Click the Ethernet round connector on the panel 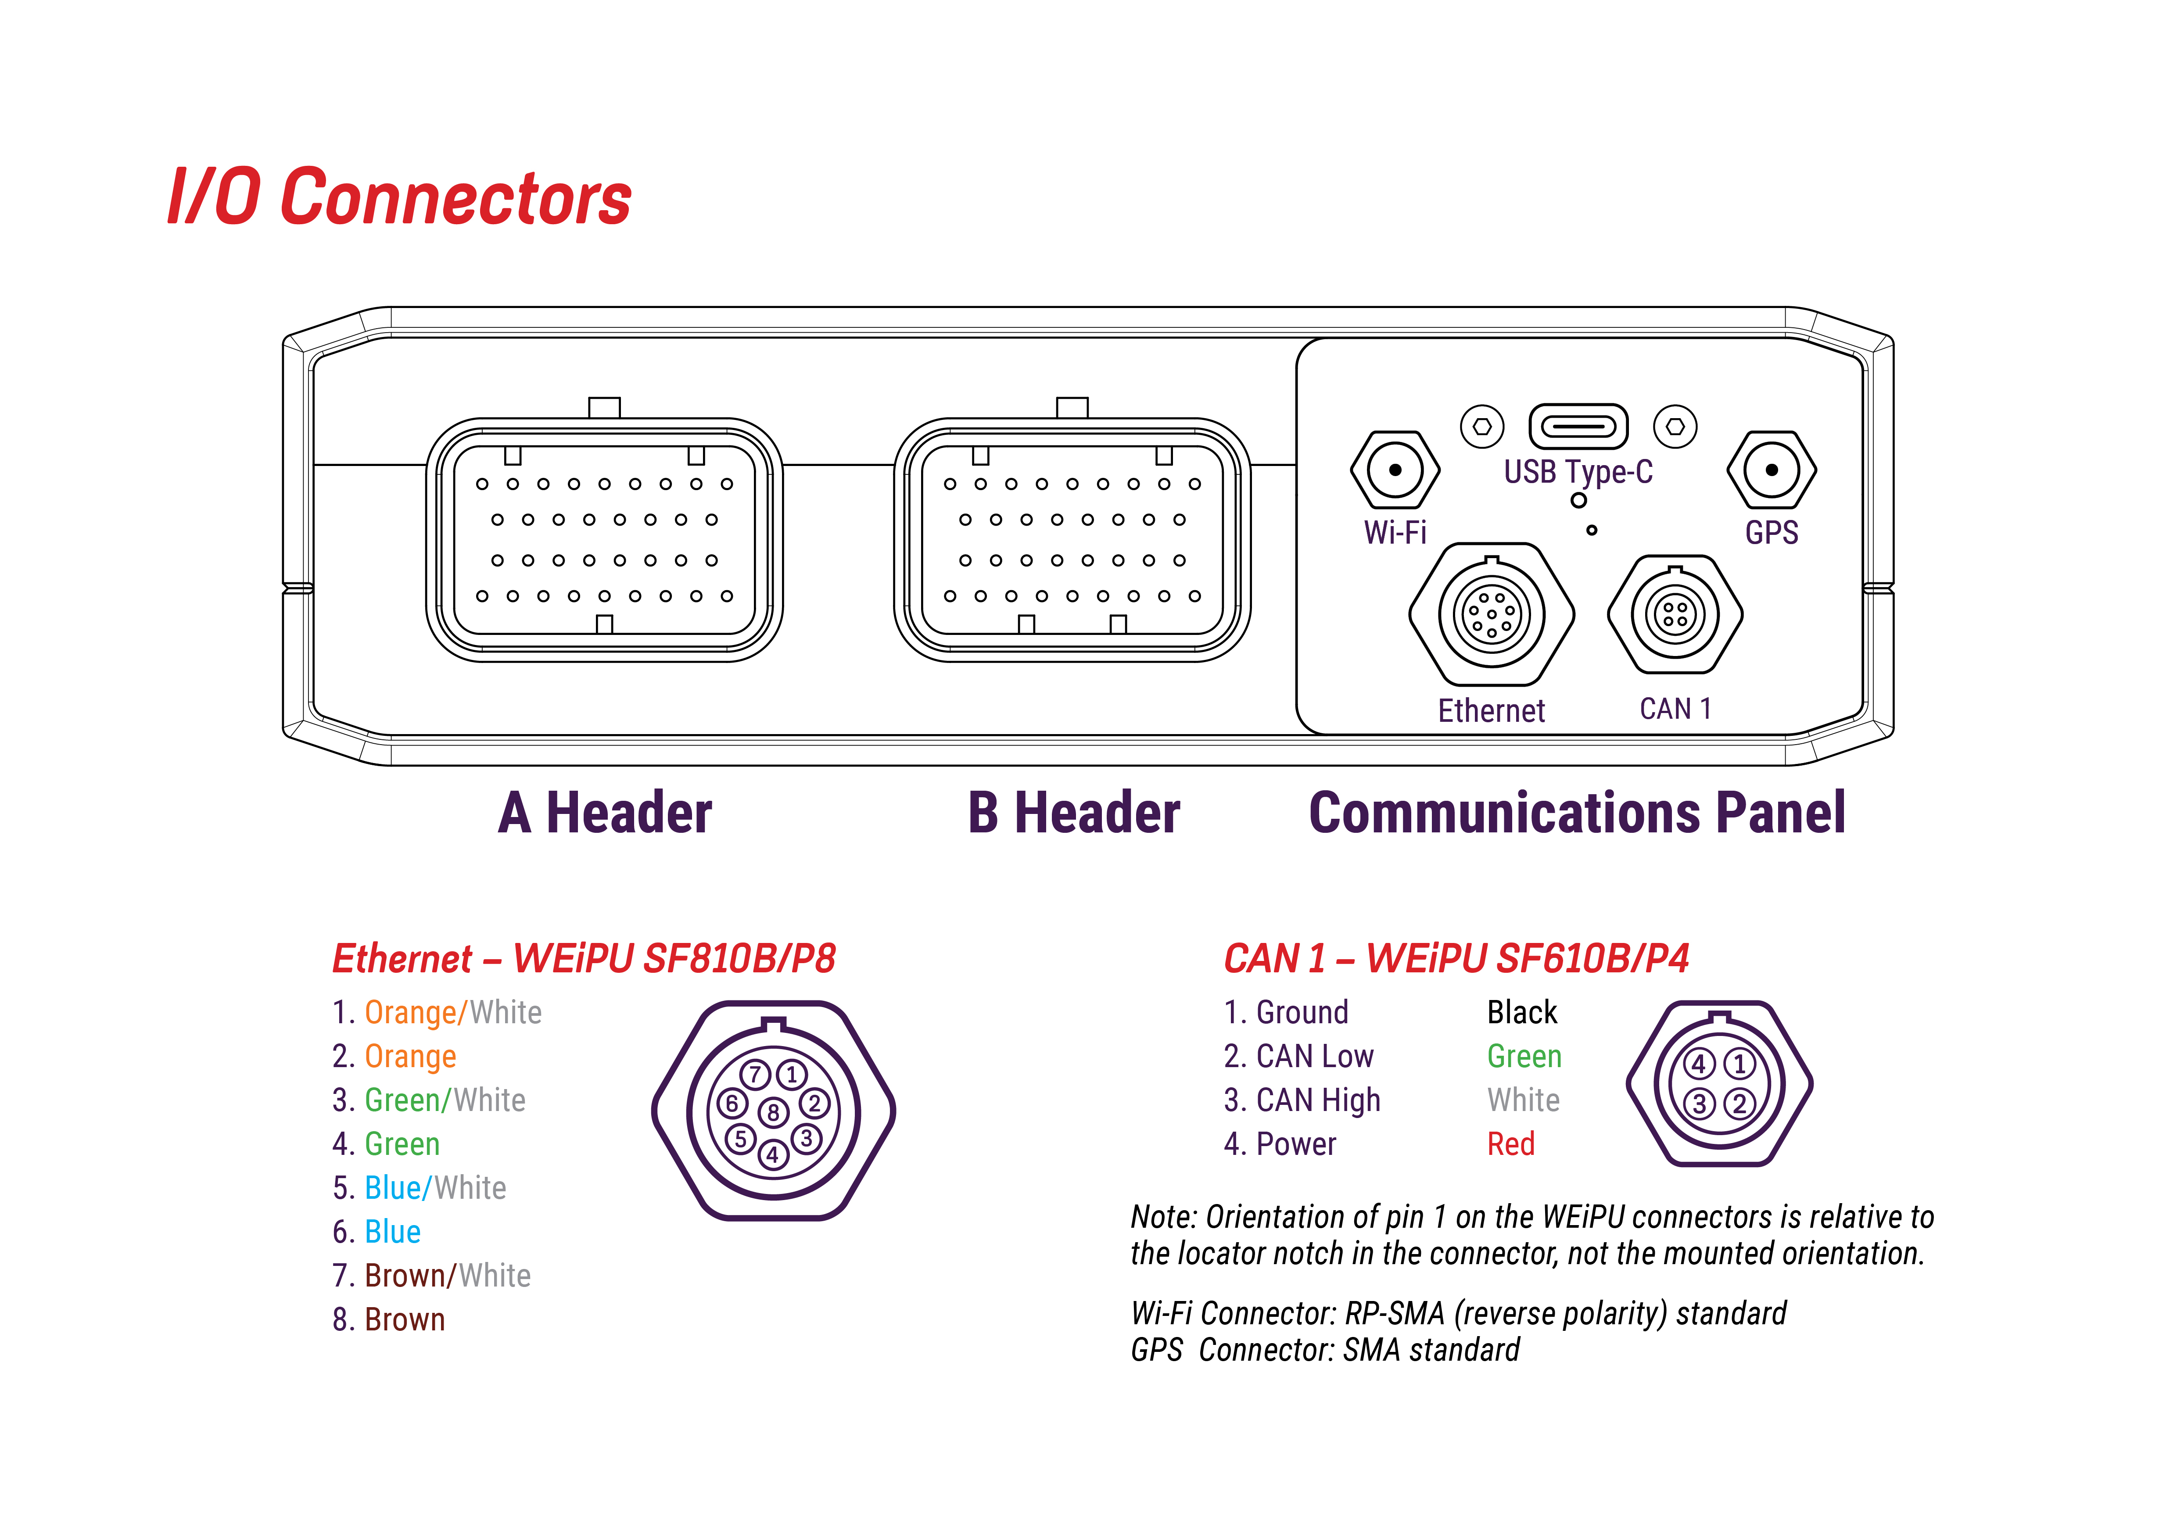point(1492,614)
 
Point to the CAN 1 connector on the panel point(1675,614)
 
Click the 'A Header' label point(605,814)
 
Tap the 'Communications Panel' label point(1577,814)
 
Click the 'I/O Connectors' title point(399,197)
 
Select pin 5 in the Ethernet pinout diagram point(741,1139)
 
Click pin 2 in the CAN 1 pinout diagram point(1739,1104)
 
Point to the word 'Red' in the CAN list point(1510,1144)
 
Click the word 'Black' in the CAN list point(1522,1013)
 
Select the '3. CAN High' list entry point(1302,1100)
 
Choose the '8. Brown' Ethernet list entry point(389,1320)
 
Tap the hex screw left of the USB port point(1482,427)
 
